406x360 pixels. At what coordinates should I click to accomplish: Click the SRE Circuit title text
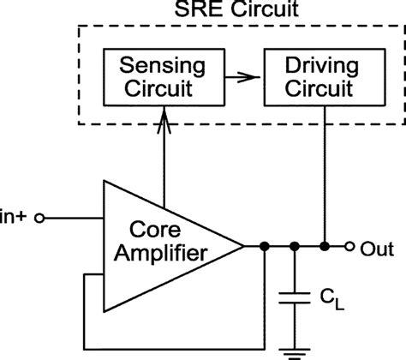point(237,14)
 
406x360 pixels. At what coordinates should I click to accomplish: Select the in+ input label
point(15,218)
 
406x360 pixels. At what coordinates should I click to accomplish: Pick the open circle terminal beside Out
point(349,247)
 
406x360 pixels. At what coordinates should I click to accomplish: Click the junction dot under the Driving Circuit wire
point(326,247)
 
